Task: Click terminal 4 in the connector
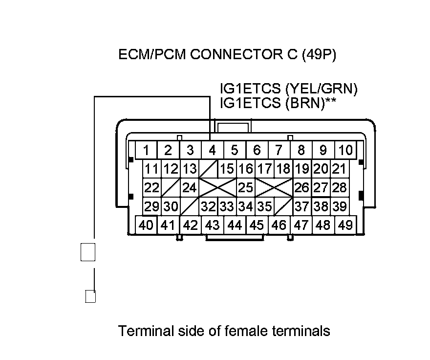click(212, 150)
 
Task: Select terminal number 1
click(146, 150)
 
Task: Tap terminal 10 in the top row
click(345, 150)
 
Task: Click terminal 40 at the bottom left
click(146, 225)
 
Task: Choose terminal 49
click(345, 225)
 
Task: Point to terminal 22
click(152, 187)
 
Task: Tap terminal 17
click(264, 169)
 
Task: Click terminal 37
click(302, 206)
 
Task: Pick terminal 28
click(339, 187)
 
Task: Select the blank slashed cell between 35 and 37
click(283, 206)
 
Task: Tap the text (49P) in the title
click(319, 54)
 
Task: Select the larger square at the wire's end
click(88, 252)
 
